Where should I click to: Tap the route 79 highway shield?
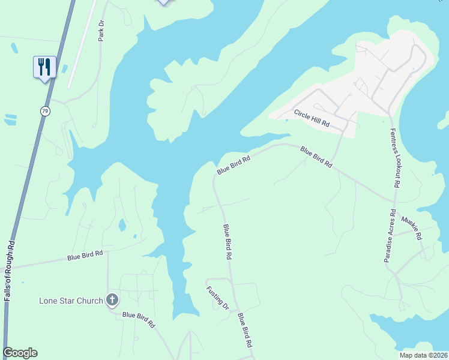click(46, 111)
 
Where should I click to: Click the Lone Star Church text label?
click(71, 300)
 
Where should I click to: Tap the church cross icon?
click(112, 299)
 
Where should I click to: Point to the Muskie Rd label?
click(412, 228)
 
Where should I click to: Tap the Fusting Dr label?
click(217, 298)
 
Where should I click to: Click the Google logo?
click(20, 353)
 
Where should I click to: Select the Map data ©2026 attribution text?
click(423, 355)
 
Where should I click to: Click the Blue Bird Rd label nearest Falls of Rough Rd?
click(85, 256)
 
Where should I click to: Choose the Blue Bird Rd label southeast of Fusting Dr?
click(244, 331)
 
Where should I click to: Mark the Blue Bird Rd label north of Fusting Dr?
click(228, 241)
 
